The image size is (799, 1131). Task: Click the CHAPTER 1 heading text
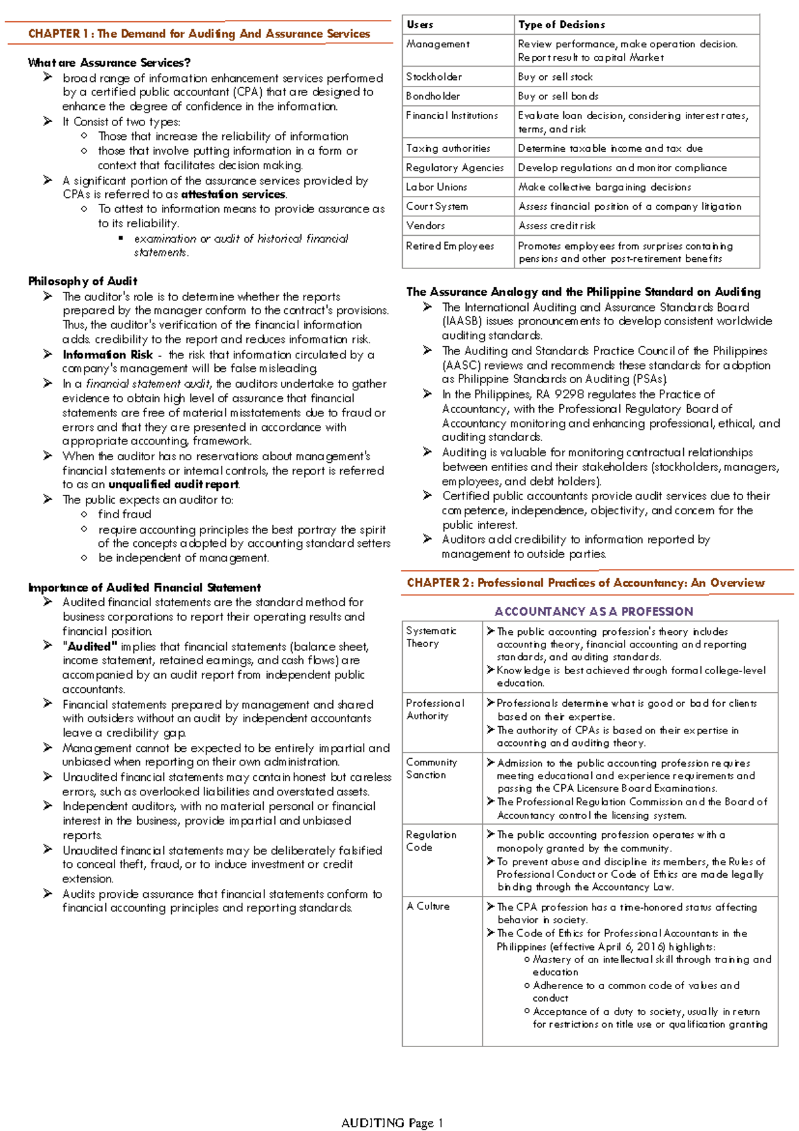tap(198, 33)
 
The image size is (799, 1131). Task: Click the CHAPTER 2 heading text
tap(585, 583)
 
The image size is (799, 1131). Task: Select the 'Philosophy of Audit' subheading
tap(83, 281)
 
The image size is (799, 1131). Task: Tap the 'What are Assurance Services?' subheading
tap(109, 63)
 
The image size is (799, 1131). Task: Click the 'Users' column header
tap(419, 25)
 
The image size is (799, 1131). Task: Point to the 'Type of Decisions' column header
tap(561, 25)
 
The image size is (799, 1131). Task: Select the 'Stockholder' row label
tap(433, 77)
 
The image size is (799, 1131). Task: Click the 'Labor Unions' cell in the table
tap(436, 187)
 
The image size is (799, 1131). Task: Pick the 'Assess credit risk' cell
tap(557, 226)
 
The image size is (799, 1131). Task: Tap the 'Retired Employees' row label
tap(449, 246)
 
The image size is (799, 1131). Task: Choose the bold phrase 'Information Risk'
tap(107, 354)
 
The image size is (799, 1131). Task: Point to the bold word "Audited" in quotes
tap(90, 646)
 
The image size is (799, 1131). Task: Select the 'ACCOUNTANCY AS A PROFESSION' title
tap(593, 611)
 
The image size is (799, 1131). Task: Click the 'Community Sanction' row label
tap(431, 769)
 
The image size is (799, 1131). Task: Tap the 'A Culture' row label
tap(427, 907)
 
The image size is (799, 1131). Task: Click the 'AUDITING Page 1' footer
tap(392, 1123)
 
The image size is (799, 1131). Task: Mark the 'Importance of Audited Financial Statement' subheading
tap(144, 587)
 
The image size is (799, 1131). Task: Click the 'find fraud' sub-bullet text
tap(125, 514)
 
